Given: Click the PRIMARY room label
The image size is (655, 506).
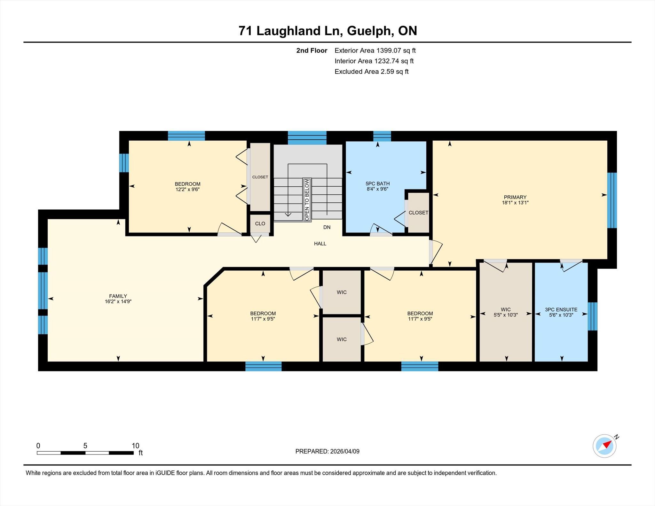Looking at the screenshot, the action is [x=515, y=197].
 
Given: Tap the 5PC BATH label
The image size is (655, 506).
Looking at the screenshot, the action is [x=378, y=183].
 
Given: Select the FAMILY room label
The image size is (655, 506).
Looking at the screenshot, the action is [x=118, y=296].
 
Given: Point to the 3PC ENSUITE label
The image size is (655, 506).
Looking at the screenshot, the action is [x=561, y=309].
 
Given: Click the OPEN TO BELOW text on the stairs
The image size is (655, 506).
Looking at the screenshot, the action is [x=307, y=199].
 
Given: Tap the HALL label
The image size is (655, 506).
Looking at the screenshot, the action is [x=320, y=244].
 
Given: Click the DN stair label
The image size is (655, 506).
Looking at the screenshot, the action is [x=327, y=227].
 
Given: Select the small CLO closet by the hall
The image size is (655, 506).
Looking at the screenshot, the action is [x=260, y=223].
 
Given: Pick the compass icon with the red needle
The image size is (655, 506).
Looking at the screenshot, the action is [x=605, y=446].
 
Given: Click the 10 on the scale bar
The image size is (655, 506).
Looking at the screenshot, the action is [x=136, y=446].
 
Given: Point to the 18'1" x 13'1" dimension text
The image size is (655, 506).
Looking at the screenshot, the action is [x=515, y=202].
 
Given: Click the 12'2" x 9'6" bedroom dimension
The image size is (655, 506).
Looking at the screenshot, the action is [x=188, y=189].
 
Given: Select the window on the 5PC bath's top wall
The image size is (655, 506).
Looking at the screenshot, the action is [x=382, y=136].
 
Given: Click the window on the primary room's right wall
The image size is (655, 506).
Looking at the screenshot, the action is [x=612, y=200].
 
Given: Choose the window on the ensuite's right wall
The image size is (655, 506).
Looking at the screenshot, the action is [x=593, y=316].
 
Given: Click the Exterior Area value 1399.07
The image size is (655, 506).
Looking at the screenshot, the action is [x=389, y=51].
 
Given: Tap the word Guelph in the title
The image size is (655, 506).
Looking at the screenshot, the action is [x=370, y=31].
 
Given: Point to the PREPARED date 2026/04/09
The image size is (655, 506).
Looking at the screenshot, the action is [x=345, y=451].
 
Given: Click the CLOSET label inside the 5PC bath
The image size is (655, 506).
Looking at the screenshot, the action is [x=418, y=213].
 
